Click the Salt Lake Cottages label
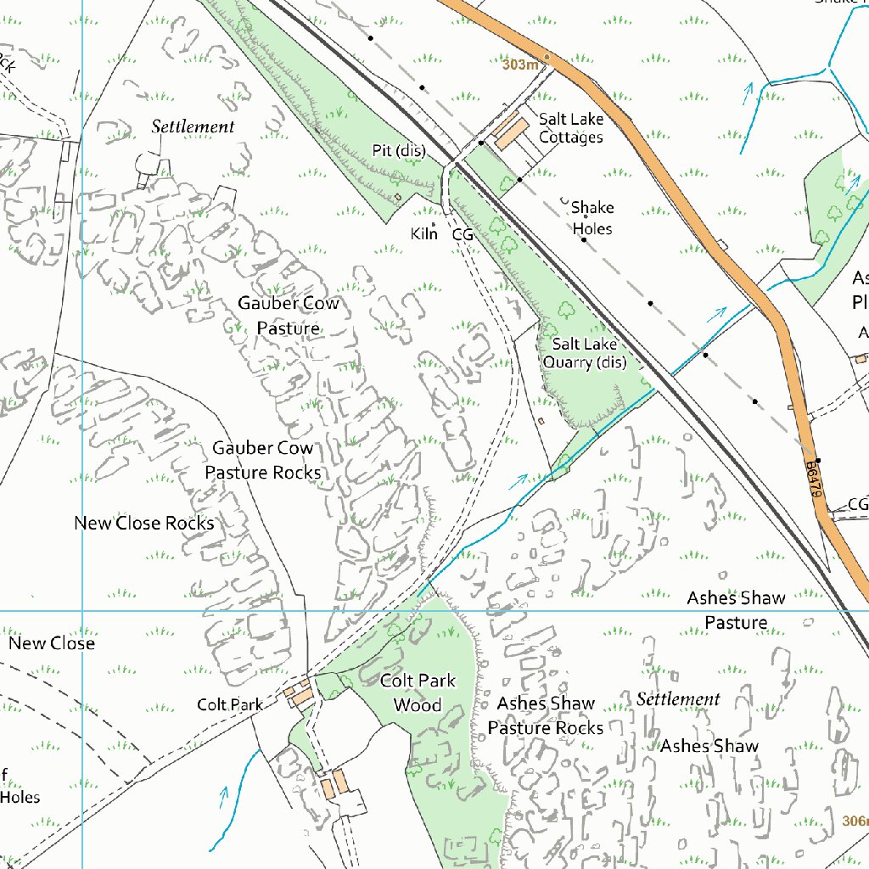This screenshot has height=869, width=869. click(x=570, y=128)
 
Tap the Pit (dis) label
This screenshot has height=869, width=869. click(x=398, y=150)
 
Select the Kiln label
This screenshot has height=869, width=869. click(x=423, y=233)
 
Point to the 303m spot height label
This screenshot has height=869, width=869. click(x=520, y=64)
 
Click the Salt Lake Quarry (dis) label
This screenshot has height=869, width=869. click(x=589, y=353)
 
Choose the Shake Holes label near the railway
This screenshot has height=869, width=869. click(x=592, y=218)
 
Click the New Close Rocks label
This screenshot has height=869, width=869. click(x=144, y=523)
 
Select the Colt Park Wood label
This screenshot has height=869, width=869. click(x=418, y=692)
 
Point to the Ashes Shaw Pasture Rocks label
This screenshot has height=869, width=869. click(x=546, y=715)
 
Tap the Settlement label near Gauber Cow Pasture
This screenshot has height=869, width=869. click(x=193, y=126)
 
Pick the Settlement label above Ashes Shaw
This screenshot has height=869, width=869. click(x=678, y=699)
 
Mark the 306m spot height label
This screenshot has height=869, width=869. click(x=855, y=821)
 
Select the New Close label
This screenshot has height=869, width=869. click(x=52, y=643)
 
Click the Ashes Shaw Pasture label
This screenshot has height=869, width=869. click(x=736, y=610)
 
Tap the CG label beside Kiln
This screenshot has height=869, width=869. click(x=462, y=234)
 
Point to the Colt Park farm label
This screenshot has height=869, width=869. click(x=230, y=704)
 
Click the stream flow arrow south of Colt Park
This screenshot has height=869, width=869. click(x=225, y=796)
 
